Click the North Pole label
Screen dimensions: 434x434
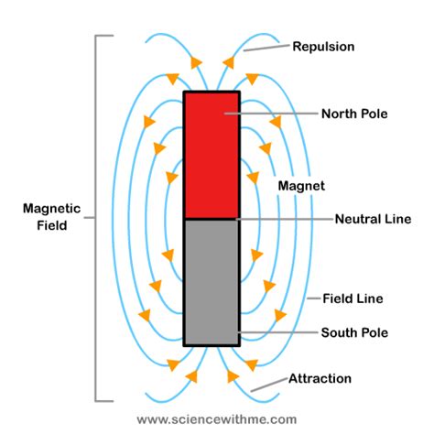click(354, 114)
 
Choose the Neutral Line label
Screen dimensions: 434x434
click(373, 219)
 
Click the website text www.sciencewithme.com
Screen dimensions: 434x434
click(217, 419)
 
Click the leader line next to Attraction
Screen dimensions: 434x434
click(266, 385)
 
